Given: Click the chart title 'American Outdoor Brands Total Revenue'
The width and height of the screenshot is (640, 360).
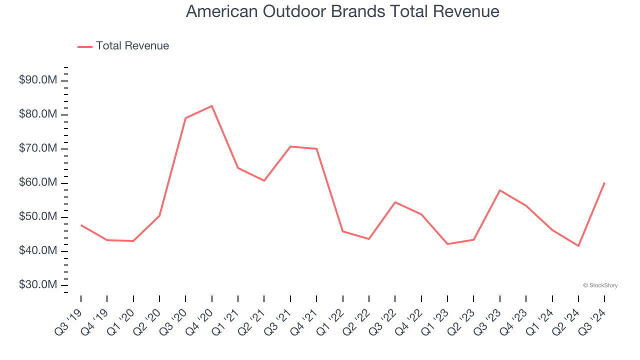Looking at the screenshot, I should (342, 11).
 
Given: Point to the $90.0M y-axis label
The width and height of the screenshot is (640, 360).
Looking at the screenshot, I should (37, 80).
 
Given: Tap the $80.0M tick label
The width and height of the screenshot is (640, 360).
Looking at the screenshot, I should (37, 114).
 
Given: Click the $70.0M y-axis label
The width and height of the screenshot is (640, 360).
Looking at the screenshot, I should (37, 148).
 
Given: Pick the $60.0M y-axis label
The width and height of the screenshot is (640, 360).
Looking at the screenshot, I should (37, 183).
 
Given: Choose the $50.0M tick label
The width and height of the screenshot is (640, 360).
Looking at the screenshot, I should (37, 217).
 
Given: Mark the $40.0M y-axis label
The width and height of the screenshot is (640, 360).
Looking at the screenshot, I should (37, 251).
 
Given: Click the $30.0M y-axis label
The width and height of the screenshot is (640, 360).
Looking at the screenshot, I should (37, 285).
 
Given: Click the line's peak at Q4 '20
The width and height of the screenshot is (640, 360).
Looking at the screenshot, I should (212, 106).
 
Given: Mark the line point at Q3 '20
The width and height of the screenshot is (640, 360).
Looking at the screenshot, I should (185, 118).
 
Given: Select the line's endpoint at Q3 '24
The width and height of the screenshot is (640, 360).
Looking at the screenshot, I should (604, 183).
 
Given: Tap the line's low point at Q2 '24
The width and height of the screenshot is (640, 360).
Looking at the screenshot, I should (578, 246).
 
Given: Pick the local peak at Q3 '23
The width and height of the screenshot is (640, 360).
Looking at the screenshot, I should (500, 190).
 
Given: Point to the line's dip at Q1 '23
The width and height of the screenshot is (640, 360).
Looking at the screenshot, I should (447, 244).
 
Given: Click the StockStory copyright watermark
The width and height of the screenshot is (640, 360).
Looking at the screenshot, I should (600, 285).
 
